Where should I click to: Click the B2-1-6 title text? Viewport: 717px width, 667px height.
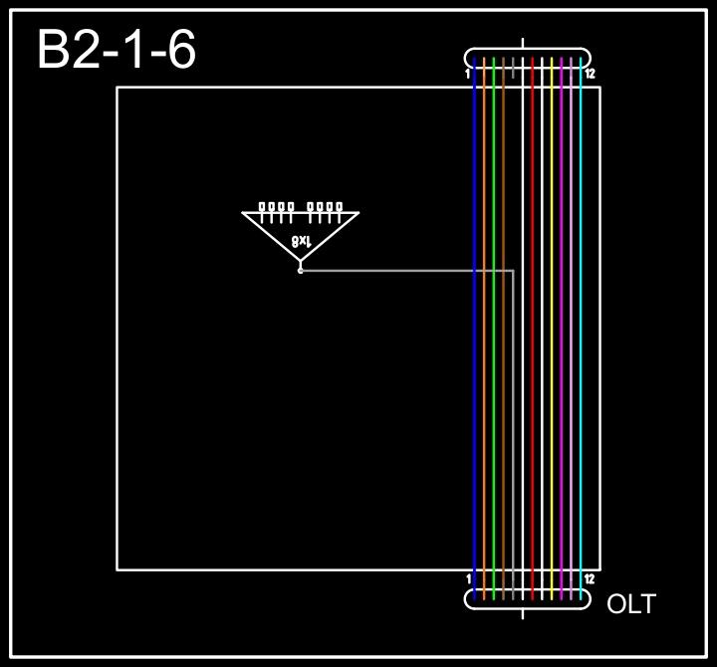pos(117,50)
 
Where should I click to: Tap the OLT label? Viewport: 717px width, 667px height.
pos(631,603)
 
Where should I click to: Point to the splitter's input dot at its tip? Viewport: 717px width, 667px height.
pos(301,270)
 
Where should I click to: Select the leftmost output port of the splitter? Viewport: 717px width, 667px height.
pos(262,208)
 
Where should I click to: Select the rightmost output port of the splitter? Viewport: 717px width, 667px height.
pos(340,208)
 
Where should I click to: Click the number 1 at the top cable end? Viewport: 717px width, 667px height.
pos(468,74)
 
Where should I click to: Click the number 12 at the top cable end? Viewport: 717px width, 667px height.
pos(590,74)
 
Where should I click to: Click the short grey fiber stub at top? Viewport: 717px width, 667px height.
pos(513,68)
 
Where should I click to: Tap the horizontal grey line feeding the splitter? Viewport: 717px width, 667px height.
pos(398,270)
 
